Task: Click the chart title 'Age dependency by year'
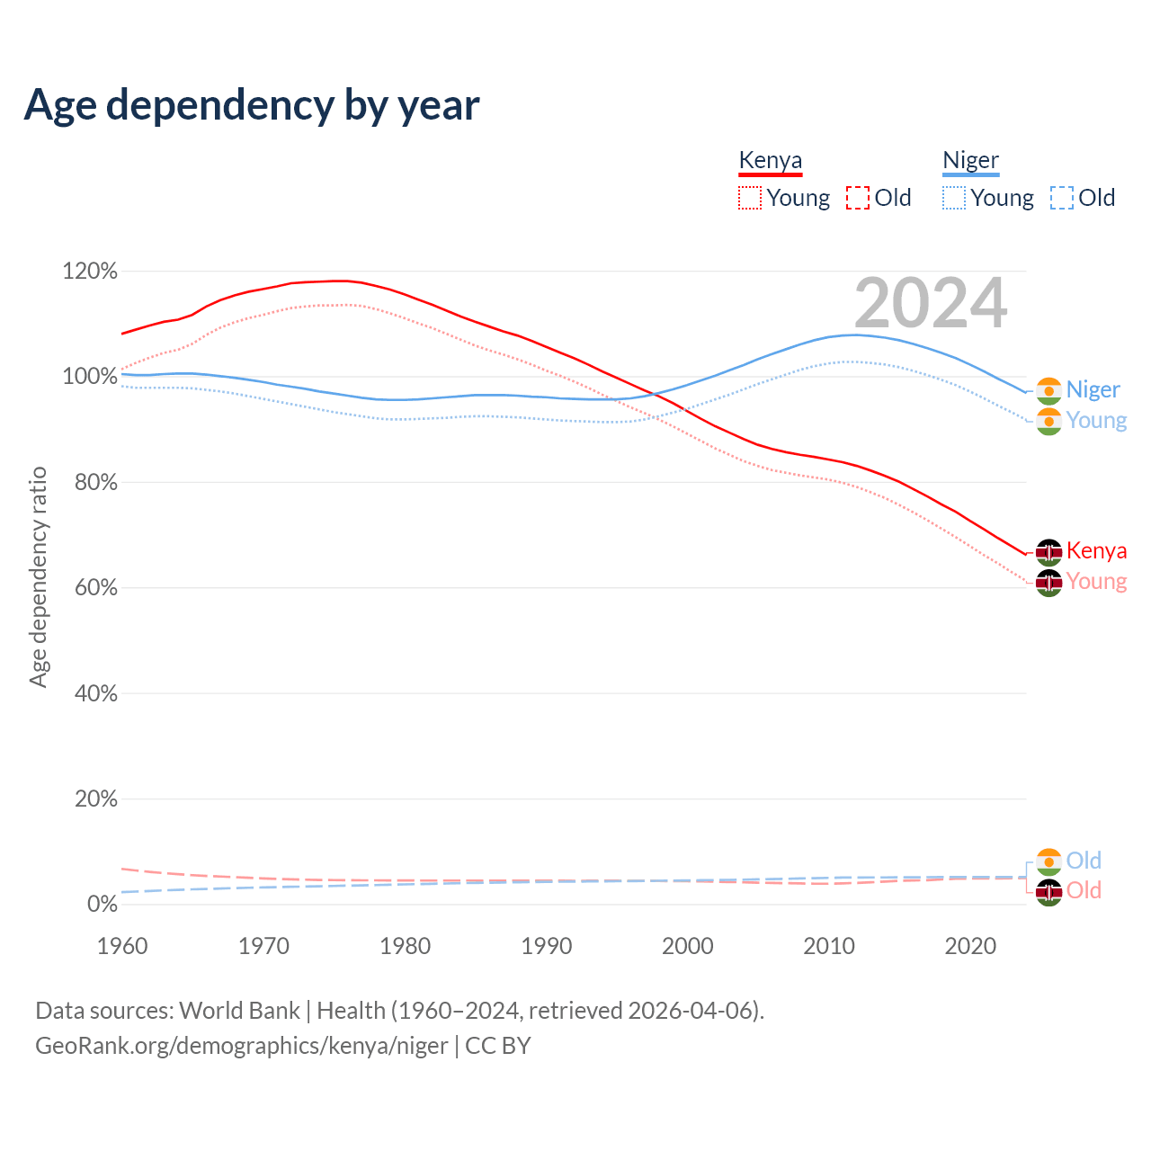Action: (x=252, y=105)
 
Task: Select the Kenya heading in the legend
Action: (x=770, y=160)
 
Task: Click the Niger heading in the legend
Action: (x=970, y=160)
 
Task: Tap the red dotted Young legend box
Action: (x=750, y=198)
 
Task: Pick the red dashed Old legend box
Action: (x=858, y=198)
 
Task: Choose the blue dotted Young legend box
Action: (x=954, y=198)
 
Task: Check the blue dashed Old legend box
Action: (x=1062, y=198)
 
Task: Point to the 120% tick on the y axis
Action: (x=90, y=271)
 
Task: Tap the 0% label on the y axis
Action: (x=102, y=905)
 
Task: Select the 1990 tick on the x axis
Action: (x=547, y=946)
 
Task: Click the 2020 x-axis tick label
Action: (x=970, y=946)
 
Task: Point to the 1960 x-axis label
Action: (x=122, y=946)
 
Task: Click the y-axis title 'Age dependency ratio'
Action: (x=38, y=576)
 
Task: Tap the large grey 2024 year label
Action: (x=931, y=304)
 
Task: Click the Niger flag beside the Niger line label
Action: (x=1048, y=390)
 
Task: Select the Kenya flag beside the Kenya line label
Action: (x=1048, y=551)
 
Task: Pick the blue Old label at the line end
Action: (x=1084, y=861)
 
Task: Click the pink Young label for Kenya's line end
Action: (x=1096, y=582)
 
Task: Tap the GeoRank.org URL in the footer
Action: (x=241, y=1046)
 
